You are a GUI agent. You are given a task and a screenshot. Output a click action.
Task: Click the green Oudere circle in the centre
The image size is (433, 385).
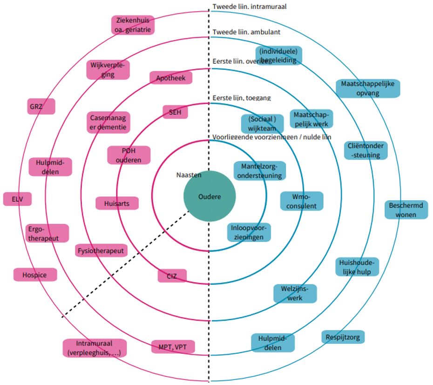pos(209,196)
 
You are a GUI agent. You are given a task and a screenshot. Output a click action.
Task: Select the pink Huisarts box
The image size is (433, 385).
pos(117,203)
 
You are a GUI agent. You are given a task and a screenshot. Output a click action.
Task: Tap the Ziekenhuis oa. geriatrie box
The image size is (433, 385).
pos(132,25)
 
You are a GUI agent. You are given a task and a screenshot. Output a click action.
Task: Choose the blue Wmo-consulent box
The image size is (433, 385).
pos(301,201)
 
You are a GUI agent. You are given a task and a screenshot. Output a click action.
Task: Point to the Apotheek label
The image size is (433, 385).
pos(171,78)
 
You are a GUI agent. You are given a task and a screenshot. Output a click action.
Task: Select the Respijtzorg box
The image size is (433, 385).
pos(343,337)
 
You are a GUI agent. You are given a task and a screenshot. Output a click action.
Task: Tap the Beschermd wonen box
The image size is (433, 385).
pos(406,209)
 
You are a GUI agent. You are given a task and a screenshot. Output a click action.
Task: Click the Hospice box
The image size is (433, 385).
pos(35,275)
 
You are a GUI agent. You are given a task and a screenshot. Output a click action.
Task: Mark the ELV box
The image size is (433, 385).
pos(17,199)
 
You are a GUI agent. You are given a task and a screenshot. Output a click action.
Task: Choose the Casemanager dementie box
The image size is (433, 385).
pos(108,122)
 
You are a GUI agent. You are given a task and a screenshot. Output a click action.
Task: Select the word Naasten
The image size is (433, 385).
pos(189,175)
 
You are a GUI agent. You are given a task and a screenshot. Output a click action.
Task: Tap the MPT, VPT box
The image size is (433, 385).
pos(173,347)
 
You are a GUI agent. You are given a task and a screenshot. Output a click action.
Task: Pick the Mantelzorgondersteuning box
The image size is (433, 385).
pos(260,171)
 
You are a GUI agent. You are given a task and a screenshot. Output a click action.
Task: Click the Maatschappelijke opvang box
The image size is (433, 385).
pos(367,88)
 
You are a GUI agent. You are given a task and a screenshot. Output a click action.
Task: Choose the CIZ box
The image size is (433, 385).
pos(172,276)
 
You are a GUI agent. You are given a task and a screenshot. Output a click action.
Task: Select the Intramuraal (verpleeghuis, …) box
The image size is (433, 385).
pos(95,348)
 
